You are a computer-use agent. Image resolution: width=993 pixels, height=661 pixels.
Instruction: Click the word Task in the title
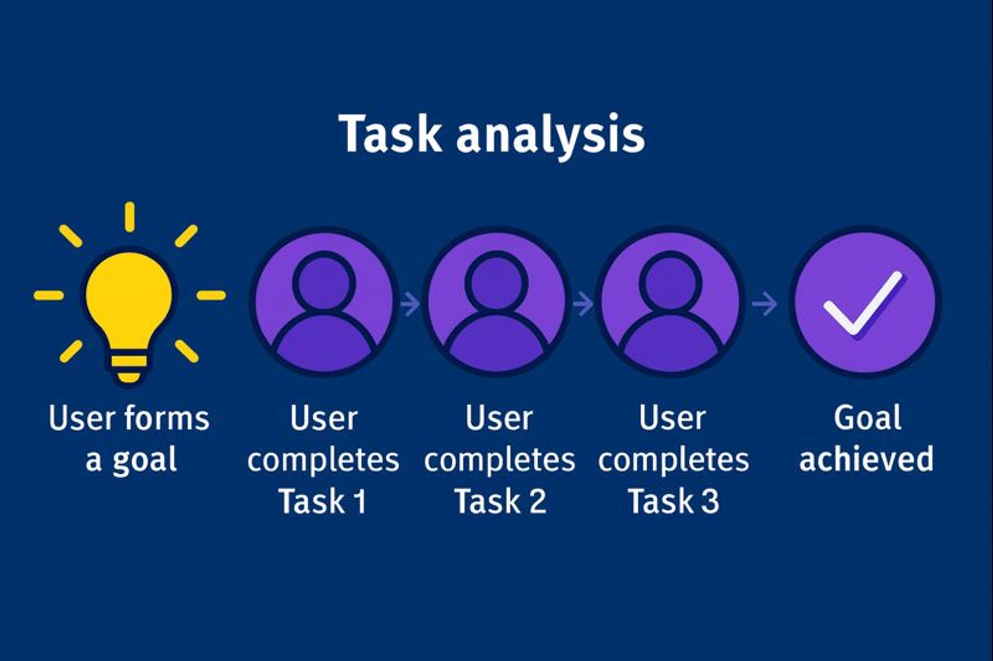pos(390,133)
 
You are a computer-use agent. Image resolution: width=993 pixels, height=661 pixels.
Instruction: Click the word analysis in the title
pos(550,135)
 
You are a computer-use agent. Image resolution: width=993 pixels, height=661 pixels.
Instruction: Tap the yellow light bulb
pos(129,300)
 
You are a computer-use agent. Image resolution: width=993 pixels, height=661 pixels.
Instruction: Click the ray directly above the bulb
pos(129,217)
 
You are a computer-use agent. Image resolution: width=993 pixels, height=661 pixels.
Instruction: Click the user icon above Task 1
pos(324,302)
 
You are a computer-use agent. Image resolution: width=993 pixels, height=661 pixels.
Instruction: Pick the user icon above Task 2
pos(496,302)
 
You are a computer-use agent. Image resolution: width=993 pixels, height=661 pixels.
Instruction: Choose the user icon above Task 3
pos(670,302)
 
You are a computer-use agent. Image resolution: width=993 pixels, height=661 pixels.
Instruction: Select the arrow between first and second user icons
pos(410,303)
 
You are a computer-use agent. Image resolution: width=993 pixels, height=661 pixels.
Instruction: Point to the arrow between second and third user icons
pos(583,303)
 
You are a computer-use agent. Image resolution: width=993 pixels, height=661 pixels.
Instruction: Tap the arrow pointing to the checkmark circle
pos(764,303)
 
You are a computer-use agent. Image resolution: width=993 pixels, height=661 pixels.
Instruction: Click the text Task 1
pos(323,501)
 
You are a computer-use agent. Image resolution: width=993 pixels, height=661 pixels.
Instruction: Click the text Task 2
pos(500,501)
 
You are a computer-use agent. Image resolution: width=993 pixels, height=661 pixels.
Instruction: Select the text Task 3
pos(673,501)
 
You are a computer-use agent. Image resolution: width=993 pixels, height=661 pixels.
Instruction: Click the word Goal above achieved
pos(867,418)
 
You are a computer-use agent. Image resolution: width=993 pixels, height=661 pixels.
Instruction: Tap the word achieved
pos(866,459)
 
